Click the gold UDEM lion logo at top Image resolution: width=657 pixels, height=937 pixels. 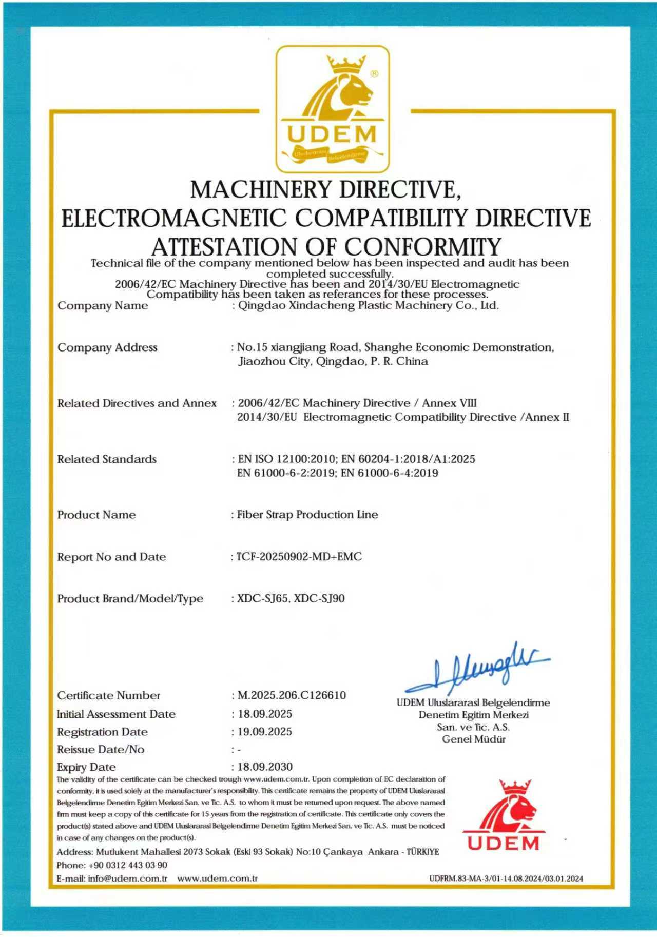click(333, 109)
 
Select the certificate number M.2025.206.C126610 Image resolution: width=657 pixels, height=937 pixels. click(292, 695)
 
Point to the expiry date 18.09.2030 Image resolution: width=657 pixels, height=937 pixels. click(265, 767)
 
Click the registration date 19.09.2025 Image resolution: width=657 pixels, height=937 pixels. click(264, 732)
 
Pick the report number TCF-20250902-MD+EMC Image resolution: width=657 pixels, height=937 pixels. click(299, 557)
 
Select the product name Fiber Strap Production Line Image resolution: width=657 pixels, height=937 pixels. click(307, 515)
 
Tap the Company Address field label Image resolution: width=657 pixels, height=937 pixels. click(107, 347)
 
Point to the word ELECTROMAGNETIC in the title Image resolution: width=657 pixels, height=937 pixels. click(173, 218)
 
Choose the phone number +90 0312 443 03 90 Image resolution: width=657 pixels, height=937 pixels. click(128, 865)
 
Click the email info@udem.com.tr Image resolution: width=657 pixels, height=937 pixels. click(128, 878)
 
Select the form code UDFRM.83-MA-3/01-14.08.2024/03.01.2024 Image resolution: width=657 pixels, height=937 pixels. click(506, 879)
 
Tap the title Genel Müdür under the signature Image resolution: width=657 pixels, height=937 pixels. click(474, 739)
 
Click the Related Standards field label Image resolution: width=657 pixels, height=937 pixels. click(107, 459)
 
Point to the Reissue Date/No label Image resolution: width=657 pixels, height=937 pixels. click(101, 749)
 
